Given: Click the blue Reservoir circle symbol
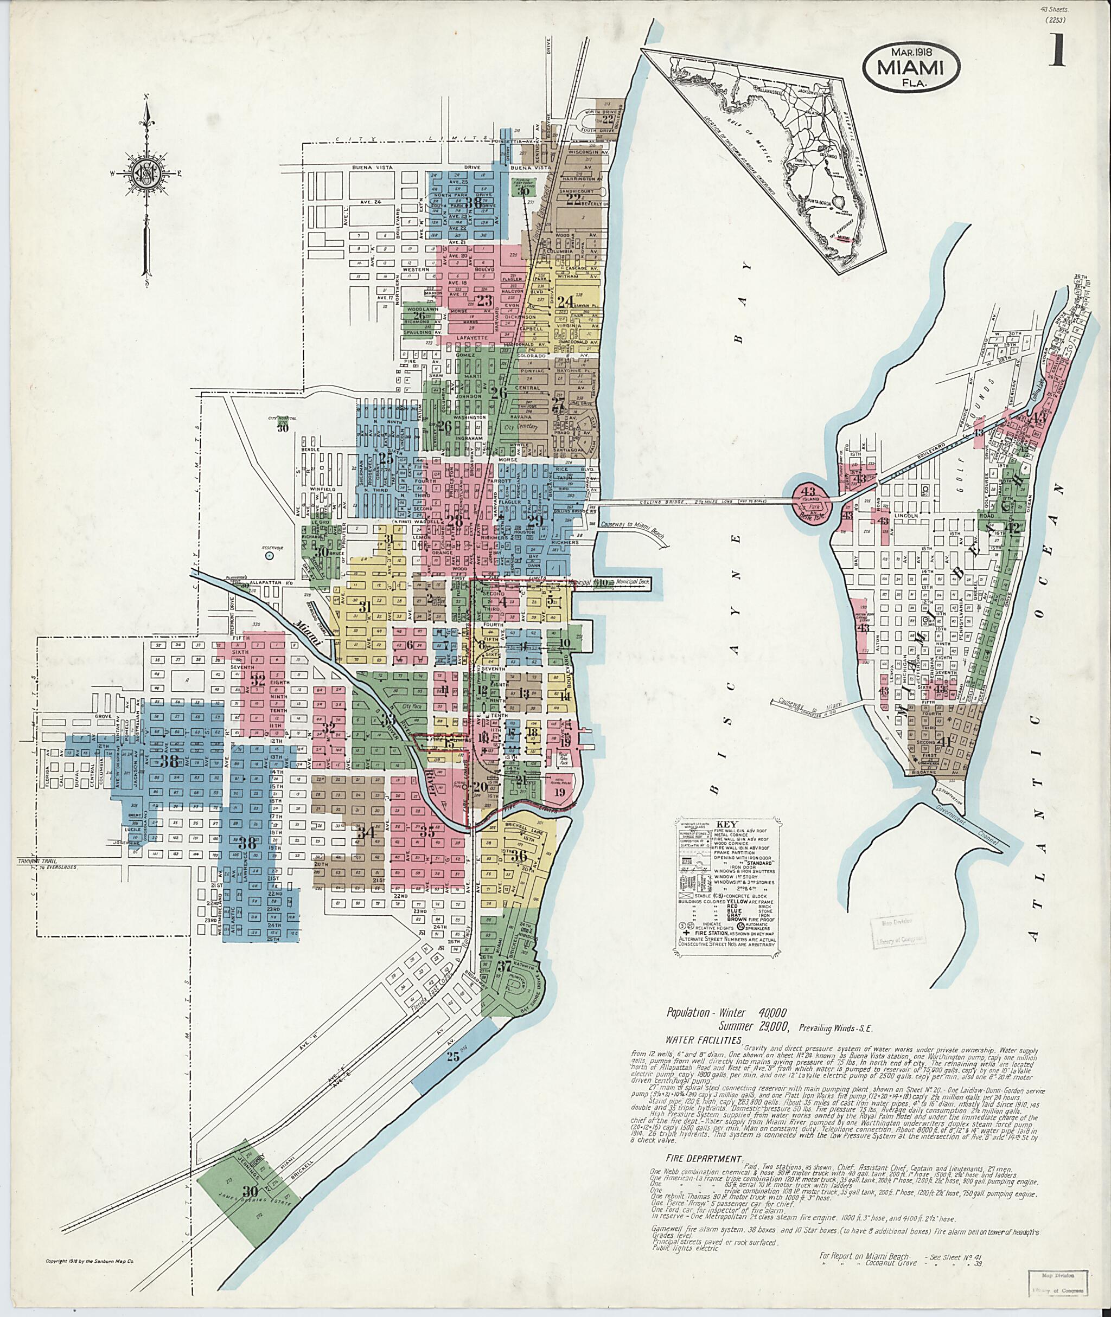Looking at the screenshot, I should pos(270,556).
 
